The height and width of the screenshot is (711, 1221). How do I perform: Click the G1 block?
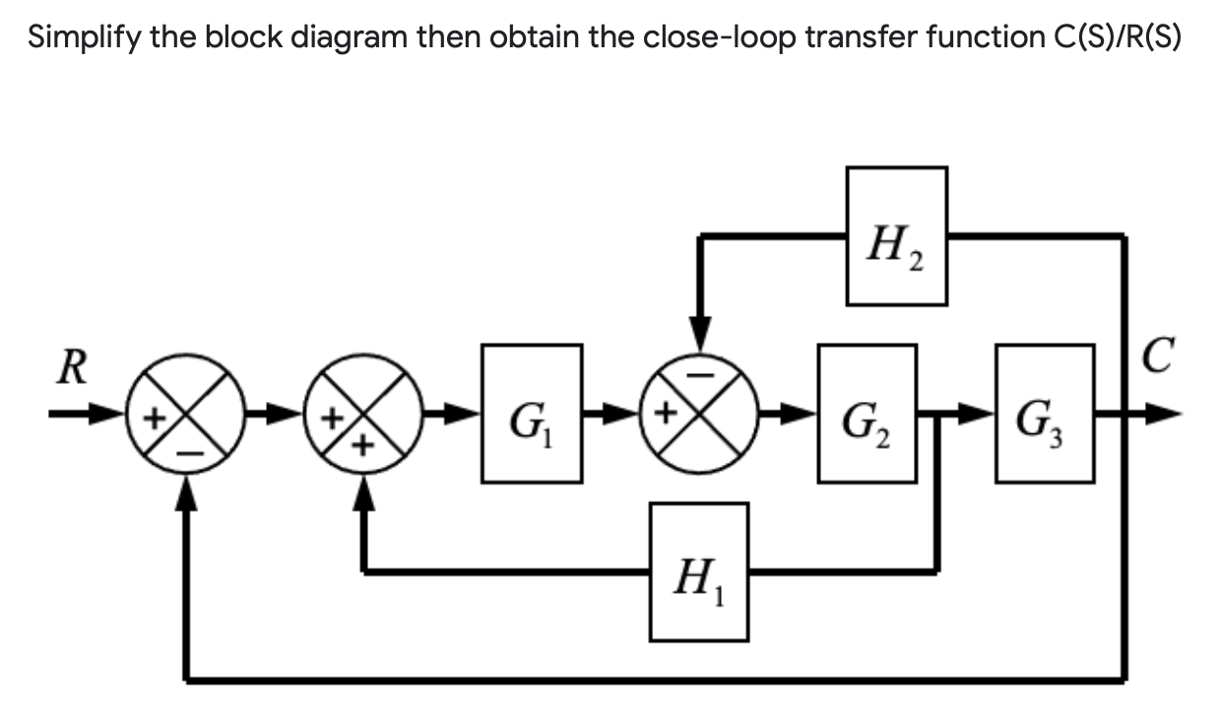click(x=531, y=414)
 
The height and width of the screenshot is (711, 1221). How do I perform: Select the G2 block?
click(x=868, y=414)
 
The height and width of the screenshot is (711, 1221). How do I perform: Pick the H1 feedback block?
click(x=698, y=570)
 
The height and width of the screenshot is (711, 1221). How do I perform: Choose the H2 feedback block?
click(x=897, y=235)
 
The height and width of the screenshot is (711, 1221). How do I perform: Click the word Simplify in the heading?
click(x=77, y=37)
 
